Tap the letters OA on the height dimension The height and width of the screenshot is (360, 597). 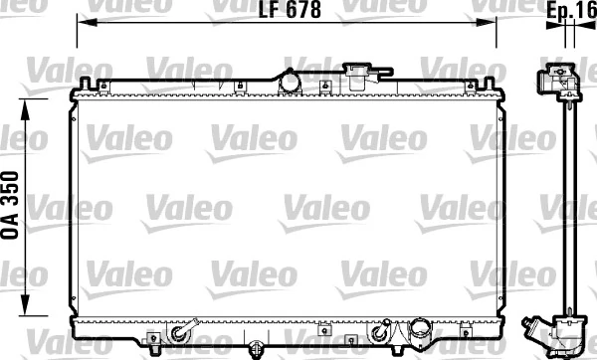pos(13,224)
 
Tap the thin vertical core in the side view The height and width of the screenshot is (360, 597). pos(565,199)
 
